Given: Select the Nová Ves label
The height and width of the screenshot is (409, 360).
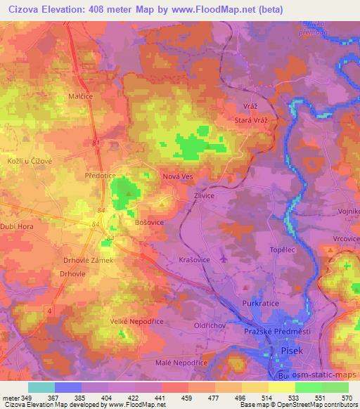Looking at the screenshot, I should click(177, 178).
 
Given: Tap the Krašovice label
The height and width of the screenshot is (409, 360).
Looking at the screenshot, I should click(191, 259).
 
